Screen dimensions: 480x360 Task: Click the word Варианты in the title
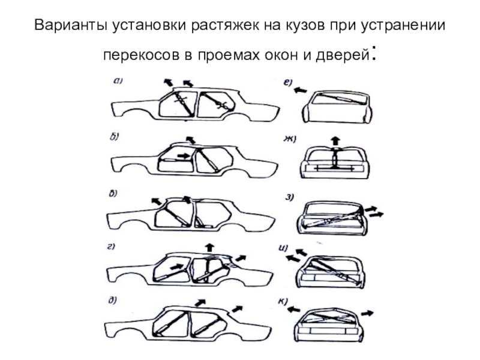(x=71, y=25)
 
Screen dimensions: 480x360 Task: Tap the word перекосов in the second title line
(x=141, y=55)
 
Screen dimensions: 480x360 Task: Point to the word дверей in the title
(x=342, y=55)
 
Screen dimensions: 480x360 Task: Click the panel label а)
(x=118, y=81)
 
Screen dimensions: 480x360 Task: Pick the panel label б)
(x=114, y=137)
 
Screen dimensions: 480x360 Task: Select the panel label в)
(x=113, y=193)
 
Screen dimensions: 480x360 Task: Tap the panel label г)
(x=111, y=247)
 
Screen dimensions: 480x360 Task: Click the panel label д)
(x=112, y=301)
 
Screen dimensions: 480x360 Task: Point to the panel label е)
(x=288, y=82)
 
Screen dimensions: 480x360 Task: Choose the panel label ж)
(x=289, y=139)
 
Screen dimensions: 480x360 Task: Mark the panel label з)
(x=290, y=197)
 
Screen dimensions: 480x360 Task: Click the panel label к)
(x=283, y=302)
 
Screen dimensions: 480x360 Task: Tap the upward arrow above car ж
(x=336, y=141)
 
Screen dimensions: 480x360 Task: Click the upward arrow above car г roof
(x=209, y=248)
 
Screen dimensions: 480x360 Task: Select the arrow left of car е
(x=301, y=90)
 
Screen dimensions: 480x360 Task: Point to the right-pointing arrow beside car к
(x=367, y=313)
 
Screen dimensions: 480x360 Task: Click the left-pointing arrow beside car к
(x=293, y=310)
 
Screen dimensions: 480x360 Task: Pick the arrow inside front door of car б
(x=184, y=156)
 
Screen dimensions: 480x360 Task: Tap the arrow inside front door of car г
(x=176, y=267)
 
